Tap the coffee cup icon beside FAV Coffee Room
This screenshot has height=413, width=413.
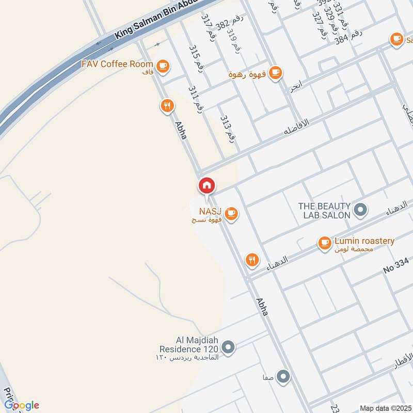163,66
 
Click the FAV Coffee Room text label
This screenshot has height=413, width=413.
118,64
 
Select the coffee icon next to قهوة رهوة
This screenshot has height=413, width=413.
276,72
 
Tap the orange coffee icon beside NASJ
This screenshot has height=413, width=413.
231,213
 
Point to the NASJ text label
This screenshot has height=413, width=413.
210,211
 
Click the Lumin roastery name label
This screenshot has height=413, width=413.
364,241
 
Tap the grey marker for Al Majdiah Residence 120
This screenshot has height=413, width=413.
230,347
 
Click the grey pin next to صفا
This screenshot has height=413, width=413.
283,377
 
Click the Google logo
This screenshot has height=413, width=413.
21,405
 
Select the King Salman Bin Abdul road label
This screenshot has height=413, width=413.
155,21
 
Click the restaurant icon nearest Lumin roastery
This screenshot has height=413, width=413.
252,260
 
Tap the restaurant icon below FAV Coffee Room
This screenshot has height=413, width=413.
167,106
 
